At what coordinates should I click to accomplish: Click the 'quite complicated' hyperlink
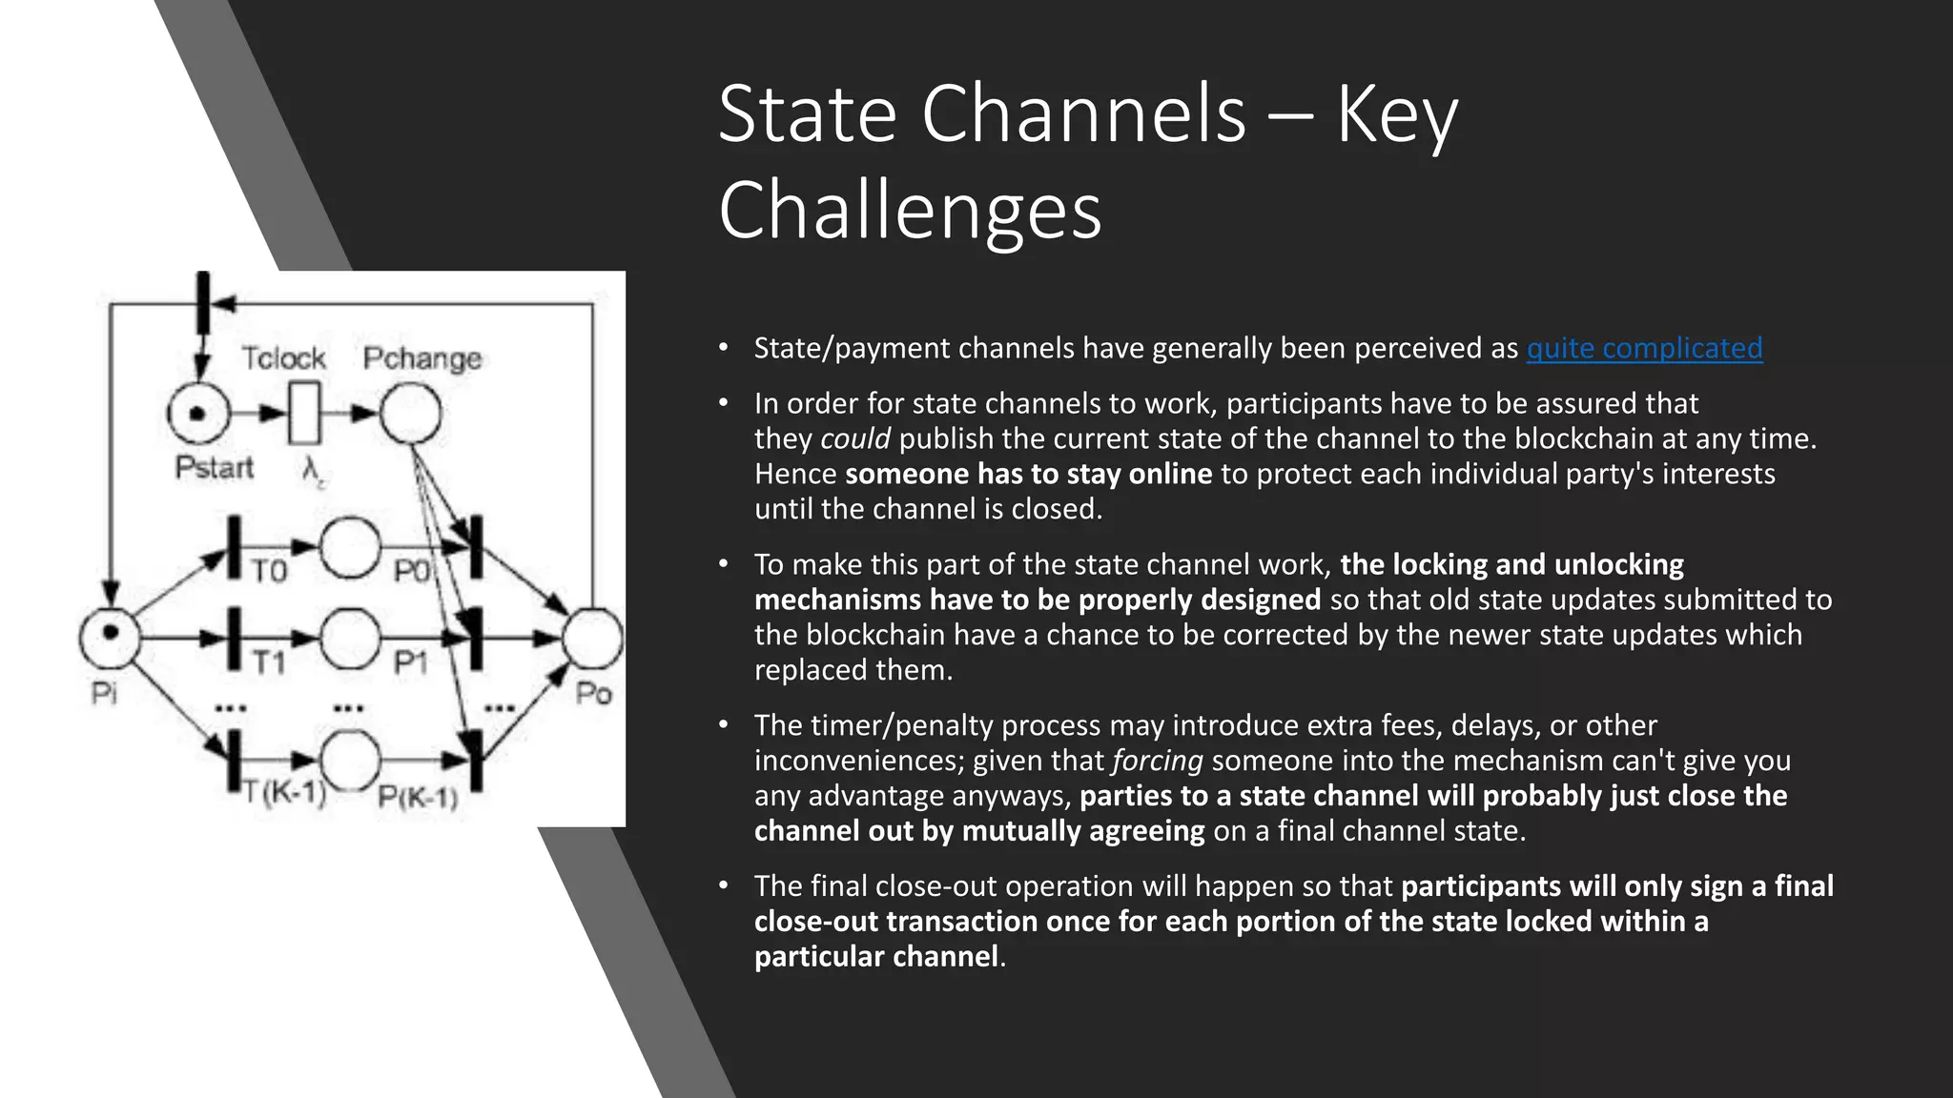(1644, 349)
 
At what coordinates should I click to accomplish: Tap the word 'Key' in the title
(1397, 114)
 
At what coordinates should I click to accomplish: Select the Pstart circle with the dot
(198, 414)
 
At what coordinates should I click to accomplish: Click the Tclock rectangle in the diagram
(304, 413)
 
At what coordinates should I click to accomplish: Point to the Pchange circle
(411, 414)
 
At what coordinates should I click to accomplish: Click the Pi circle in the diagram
(110, 637)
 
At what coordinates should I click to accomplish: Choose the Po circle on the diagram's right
(592, 638)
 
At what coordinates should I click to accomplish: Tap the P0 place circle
(350, 547)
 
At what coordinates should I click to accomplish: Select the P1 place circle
(350, 638)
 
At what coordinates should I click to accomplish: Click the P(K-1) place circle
(350, 760)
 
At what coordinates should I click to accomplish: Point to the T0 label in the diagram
(269, 571)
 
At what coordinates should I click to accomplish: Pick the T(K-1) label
(283, 793)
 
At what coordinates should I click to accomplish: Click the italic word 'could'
(854, 439)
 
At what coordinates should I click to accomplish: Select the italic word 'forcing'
(1157, 762)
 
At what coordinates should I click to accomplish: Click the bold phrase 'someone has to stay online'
(1028, 475)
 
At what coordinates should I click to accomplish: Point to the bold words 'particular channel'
(875, 957)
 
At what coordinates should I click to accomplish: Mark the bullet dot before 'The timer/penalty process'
(724, 726)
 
